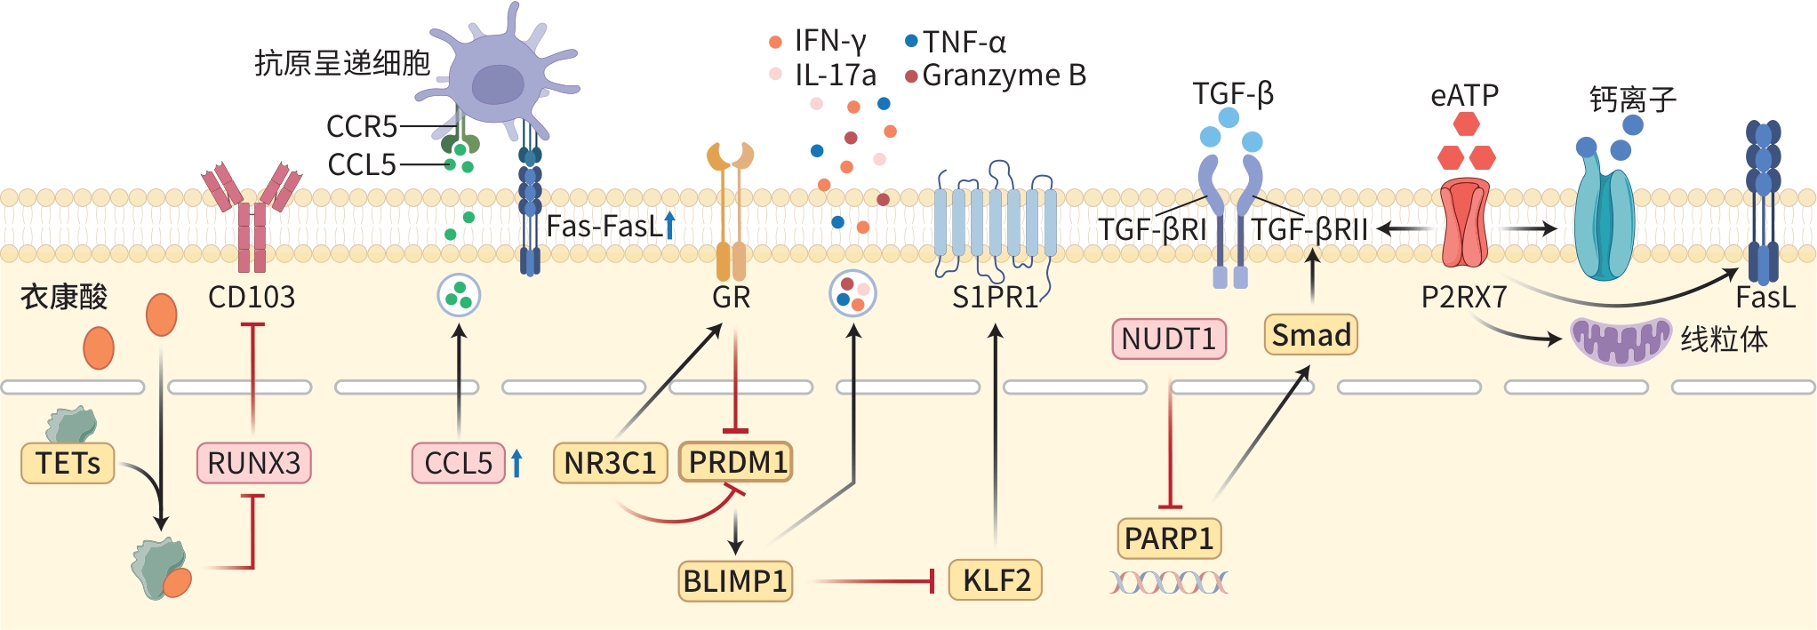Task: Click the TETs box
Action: (68, 463)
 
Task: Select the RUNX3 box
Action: (253, 463)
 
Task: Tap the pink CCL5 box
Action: (458, 463)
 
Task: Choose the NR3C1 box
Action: (610, 463)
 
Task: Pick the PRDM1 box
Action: (736, 462)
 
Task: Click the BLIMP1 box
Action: (735, 581)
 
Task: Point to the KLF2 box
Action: (996, 580)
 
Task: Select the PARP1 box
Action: (1168, 538)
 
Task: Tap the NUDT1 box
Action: (1168, 339)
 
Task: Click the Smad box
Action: (1310, 335)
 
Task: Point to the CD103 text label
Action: (252, 297)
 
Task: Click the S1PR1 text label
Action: (995, 297)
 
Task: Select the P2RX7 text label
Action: (1464, 297)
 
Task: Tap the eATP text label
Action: (1464, 95)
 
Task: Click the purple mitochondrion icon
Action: (1620, 340)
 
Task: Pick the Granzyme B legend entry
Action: (996, 76)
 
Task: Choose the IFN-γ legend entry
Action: (820, 41)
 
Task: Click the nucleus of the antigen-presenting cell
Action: (498, 84)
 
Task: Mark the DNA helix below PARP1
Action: (1168, 583)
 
